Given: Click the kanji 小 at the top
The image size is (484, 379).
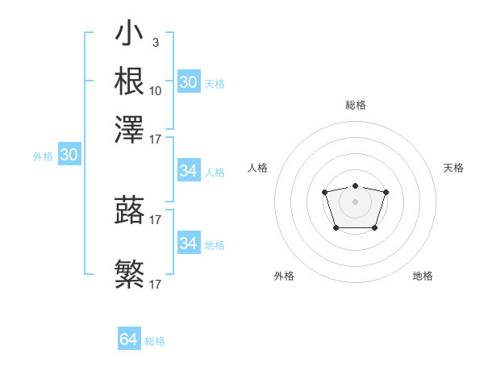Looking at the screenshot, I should (x=130, y=36).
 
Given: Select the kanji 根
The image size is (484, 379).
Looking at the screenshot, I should (x=130, y=81).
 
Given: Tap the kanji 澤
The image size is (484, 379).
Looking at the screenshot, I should (x=130, y=127).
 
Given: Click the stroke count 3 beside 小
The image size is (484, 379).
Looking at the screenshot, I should (x=156, y=41).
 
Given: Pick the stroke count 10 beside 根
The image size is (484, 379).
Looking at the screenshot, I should (x=156, y=90).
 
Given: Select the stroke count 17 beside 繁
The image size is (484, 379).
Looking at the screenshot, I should (x=156, y=284).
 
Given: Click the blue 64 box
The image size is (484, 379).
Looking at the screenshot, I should (x=128, y=339).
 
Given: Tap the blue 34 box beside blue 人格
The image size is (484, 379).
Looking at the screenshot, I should (x=188, y=171).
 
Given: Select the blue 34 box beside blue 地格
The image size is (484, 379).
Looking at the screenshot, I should (x=188, y=244).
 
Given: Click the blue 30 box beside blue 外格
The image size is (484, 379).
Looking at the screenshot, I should (x=69, y=156).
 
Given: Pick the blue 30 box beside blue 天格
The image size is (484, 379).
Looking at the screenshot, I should (x=188, y=82).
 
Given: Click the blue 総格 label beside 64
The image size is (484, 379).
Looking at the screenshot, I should (x=155, y=341).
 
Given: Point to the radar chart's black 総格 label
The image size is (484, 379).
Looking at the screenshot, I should (x=355, y=105).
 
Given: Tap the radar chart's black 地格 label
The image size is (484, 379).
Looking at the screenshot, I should (x=423, y=276).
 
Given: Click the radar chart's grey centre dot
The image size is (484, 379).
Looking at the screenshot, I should (x=355, y=201).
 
